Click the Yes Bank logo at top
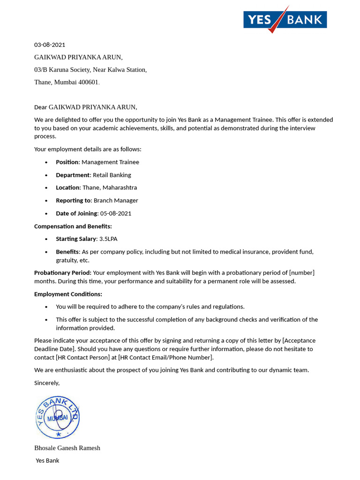click(285, 20)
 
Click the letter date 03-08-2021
click(50, 45)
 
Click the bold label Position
click(67, 162)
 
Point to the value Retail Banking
click(112, 175)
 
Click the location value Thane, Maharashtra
click(110, 187)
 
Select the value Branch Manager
click(116, 201)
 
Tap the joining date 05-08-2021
click(116, 213)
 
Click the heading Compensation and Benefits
click(73, 226)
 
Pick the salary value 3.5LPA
click(108, 239)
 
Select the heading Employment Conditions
click(68, 294)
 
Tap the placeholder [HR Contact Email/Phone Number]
click(165, 358)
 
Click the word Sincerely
click(47, 383)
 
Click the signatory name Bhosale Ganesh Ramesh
click(67, 448)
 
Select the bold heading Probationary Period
click(63, 273)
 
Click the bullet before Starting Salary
click(46, 239)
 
